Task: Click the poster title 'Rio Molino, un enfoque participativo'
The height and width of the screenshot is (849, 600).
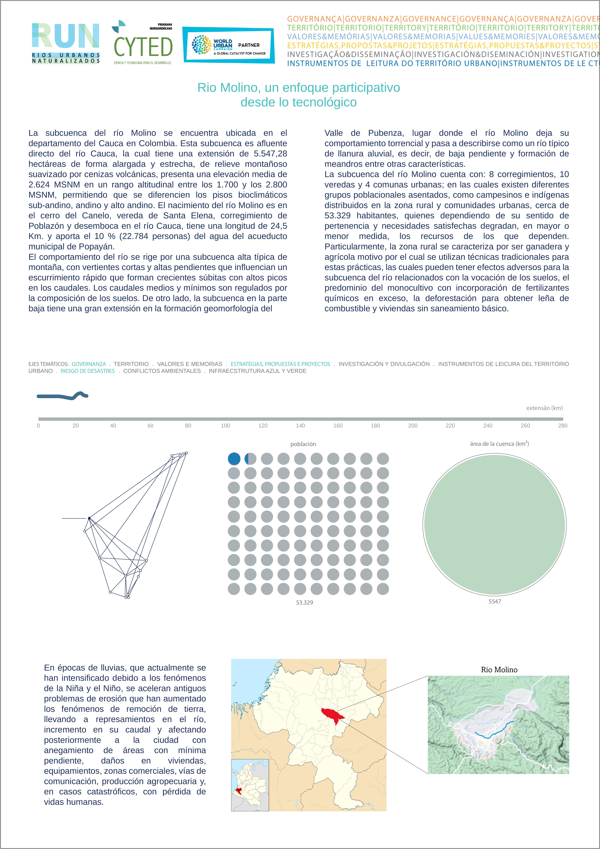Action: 299,88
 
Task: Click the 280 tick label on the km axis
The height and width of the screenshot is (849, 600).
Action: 563,426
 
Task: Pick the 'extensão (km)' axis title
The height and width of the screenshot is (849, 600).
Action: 544,408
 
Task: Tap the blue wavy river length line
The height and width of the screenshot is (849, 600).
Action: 62,396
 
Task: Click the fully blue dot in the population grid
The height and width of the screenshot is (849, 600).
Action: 234,459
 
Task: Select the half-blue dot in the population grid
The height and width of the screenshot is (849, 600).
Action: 250,459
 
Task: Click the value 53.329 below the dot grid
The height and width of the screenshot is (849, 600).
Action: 304,602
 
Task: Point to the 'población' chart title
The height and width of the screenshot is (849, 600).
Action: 303,444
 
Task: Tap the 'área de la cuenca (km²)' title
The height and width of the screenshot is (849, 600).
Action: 499,444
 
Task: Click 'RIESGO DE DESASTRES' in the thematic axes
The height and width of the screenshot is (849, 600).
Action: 88,371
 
